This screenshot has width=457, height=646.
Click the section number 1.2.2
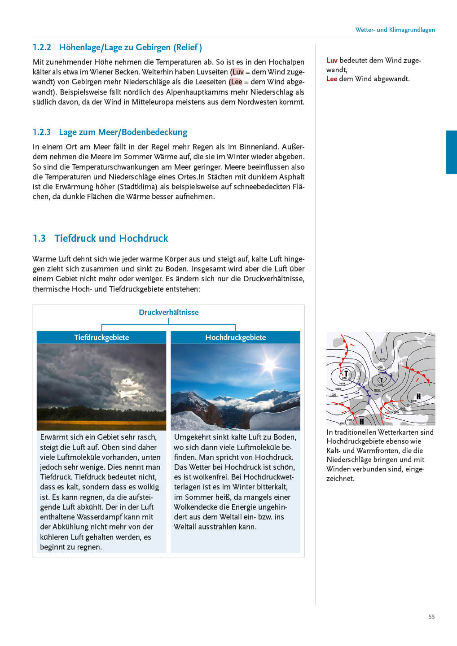(x=42, y=48)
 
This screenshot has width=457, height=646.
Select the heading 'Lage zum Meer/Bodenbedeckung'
(x=123, y=132)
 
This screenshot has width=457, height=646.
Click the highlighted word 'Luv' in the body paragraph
(x=238, y=72)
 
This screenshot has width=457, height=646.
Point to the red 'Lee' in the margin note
(x=332, y=79)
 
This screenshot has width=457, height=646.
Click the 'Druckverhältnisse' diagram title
(x=168, y=312)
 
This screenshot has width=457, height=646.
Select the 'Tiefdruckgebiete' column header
(x=101, y=337)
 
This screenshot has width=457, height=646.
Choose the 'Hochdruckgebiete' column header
(x=235, y=337)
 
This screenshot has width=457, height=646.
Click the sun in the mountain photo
(x=270, y=364)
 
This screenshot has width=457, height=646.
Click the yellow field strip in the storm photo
(x=101, y=424)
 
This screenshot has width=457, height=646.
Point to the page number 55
(x=431, y=617)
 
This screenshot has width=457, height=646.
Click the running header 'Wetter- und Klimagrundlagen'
(x=395, y=30)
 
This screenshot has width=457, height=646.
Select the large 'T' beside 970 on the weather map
(x=346, y=373)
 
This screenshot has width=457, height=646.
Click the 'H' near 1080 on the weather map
(x=418, y=396)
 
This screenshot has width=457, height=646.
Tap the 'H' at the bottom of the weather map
(x=361, y=421)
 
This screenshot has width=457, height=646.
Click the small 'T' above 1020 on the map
(x=381, y=380)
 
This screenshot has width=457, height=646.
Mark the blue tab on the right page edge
(x=451, y=152)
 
